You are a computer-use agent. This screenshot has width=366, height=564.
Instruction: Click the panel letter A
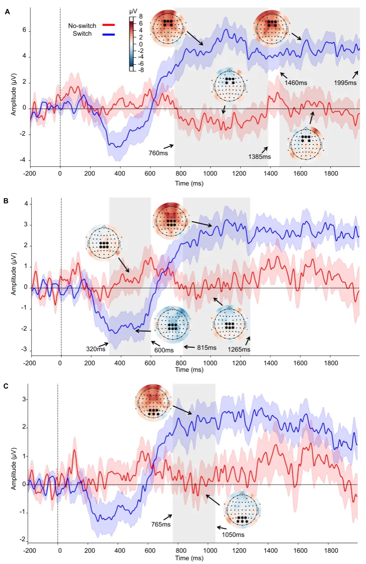click(7, 12)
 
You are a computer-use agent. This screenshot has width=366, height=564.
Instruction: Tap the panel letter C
click(6, 386)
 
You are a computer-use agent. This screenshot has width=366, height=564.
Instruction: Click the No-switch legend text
click(83, 26)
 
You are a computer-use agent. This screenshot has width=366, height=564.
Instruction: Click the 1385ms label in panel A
click(260, 157)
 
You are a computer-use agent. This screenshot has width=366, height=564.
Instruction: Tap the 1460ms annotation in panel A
click(296, 83)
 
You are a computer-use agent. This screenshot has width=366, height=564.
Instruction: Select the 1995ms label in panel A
click(346, 83)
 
